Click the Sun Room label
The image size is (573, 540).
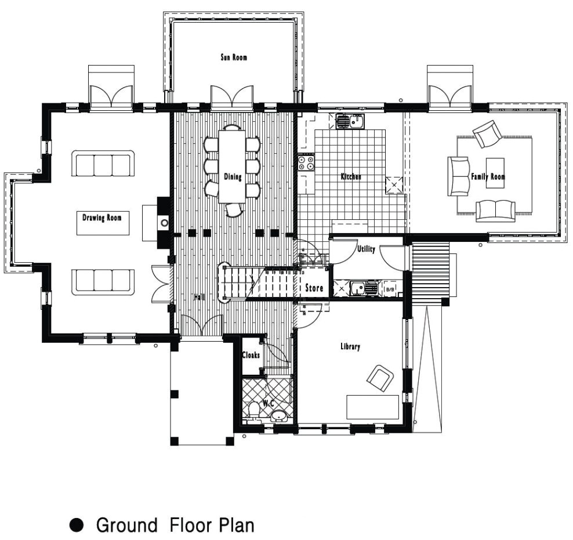234,57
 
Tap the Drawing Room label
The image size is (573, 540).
102,218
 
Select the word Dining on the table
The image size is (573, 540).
233,177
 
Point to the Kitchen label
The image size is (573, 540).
351,176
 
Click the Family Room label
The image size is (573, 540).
488,177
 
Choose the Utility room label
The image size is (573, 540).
366,249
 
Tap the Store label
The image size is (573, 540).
314,288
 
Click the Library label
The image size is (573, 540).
350,346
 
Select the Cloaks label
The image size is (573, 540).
251,355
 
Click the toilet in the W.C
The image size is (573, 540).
252,411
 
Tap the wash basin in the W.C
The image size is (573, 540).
280,416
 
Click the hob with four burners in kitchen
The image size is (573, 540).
306,163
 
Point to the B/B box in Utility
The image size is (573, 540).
390,290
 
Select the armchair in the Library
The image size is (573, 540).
380,377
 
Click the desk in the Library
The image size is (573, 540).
373,407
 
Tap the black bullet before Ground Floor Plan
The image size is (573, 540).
77,525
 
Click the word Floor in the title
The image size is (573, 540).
190,525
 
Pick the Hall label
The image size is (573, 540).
199,297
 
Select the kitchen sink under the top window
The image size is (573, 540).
350,121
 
